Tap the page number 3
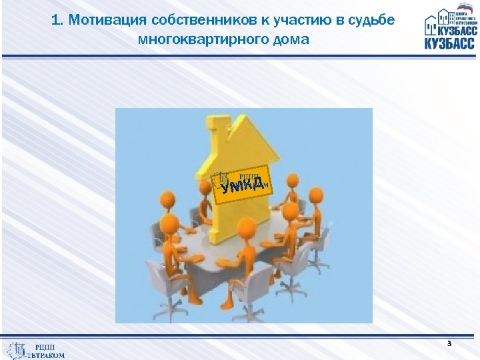point(449,343)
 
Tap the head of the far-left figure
point(169,223)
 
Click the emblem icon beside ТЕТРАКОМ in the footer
point(17,350)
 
